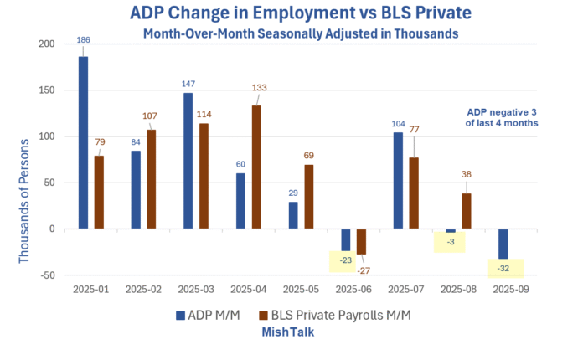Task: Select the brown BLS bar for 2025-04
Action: click(x=256, y=167)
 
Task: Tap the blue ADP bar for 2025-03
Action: click(x=188, y=160)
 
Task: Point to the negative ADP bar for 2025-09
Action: click(x=503, y=244)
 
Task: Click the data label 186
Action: click(x=83, y=39)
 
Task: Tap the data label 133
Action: click(x=259, y=88)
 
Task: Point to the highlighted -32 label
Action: click(x=504, y=269)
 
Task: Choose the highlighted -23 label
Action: click(x=345, y=260)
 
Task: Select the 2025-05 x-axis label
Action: click(x=300, y=288)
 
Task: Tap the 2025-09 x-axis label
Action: click(x=509, y=288)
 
